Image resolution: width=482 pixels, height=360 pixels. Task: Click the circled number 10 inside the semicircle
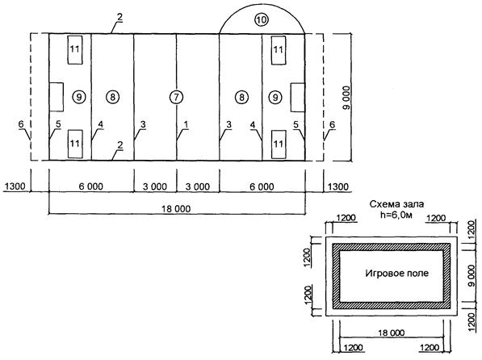(x=262, y=20)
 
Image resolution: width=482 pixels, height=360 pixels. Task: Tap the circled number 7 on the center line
(x=176, y=97)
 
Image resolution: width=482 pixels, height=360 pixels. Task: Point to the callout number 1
(x=186, y=124)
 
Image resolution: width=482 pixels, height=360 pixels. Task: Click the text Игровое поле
(x=397, y=273)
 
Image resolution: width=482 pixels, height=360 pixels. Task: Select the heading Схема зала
(x=396, y=204)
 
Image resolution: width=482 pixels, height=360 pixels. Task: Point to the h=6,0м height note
(x=396, y=215)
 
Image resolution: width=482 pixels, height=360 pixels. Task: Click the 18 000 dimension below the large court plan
(x=177, y=209)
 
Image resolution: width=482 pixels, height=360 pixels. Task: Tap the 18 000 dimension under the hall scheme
(x=392, y=333)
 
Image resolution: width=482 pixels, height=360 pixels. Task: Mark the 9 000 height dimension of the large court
(x=346, y=98)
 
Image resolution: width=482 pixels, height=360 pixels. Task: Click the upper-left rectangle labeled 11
(x=75, y=50)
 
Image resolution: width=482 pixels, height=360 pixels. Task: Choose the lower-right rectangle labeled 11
(x=279, y=144)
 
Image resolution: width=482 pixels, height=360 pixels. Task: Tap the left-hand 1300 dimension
(x=15, y=186)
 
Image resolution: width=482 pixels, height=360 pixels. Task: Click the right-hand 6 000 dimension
(x=262, y=186)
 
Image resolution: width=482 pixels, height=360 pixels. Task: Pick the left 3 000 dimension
(x=155, y=186)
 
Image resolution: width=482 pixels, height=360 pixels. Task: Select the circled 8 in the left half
(x=112, y=97)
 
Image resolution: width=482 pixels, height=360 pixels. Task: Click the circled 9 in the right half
(x=275, y=97)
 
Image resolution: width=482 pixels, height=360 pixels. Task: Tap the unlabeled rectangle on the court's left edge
(x=57, y=97)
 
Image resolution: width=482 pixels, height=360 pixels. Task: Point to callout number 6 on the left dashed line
(x=21, y=124)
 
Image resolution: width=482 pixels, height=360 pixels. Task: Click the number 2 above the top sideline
(x=119, y=17)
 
